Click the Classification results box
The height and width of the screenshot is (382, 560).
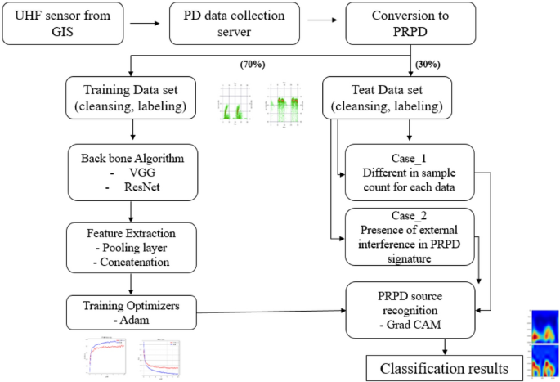[x=439, y=367]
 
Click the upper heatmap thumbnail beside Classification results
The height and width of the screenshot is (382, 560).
[x=544, y=326]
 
